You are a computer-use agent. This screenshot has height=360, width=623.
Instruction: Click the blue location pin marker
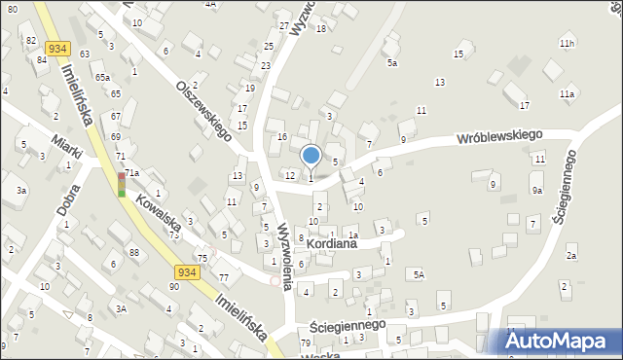pyautogui.click(x=311, y=156)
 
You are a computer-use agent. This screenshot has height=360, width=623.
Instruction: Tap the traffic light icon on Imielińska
pyautogui.click(x=122, y=185)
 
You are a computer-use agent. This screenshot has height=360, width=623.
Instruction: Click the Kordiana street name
pyautogui.click(x=331, y=243)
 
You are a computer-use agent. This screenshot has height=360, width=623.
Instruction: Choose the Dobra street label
pyautogui.click(x=67, y=199)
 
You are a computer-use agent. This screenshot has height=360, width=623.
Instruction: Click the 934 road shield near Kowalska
pyautogui.click(x=188, y=272)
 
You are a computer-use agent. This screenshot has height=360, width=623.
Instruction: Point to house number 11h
pyautogui.click(x=567, y=44)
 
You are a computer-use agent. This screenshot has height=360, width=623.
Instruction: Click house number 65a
pyautogui.click(x=102, y=76)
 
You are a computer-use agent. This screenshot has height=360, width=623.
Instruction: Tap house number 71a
pyautogui.click(x=131, y=172)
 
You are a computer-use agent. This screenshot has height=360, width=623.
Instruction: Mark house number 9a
pyautogui.click(x=536, y=191)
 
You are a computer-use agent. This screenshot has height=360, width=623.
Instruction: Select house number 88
pyautogui.click(x=133, y=253)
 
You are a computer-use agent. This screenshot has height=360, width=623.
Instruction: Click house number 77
pyautogui.click(x=224, y=277)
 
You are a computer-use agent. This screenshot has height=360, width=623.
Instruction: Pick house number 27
pyautogui.click(x=283, y=25)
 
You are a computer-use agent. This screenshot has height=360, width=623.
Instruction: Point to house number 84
pyautogui.click(x=42, y=60)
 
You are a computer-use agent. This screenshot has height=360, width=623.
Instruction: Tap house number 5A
pyautogui.click(x=418, y=275)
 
